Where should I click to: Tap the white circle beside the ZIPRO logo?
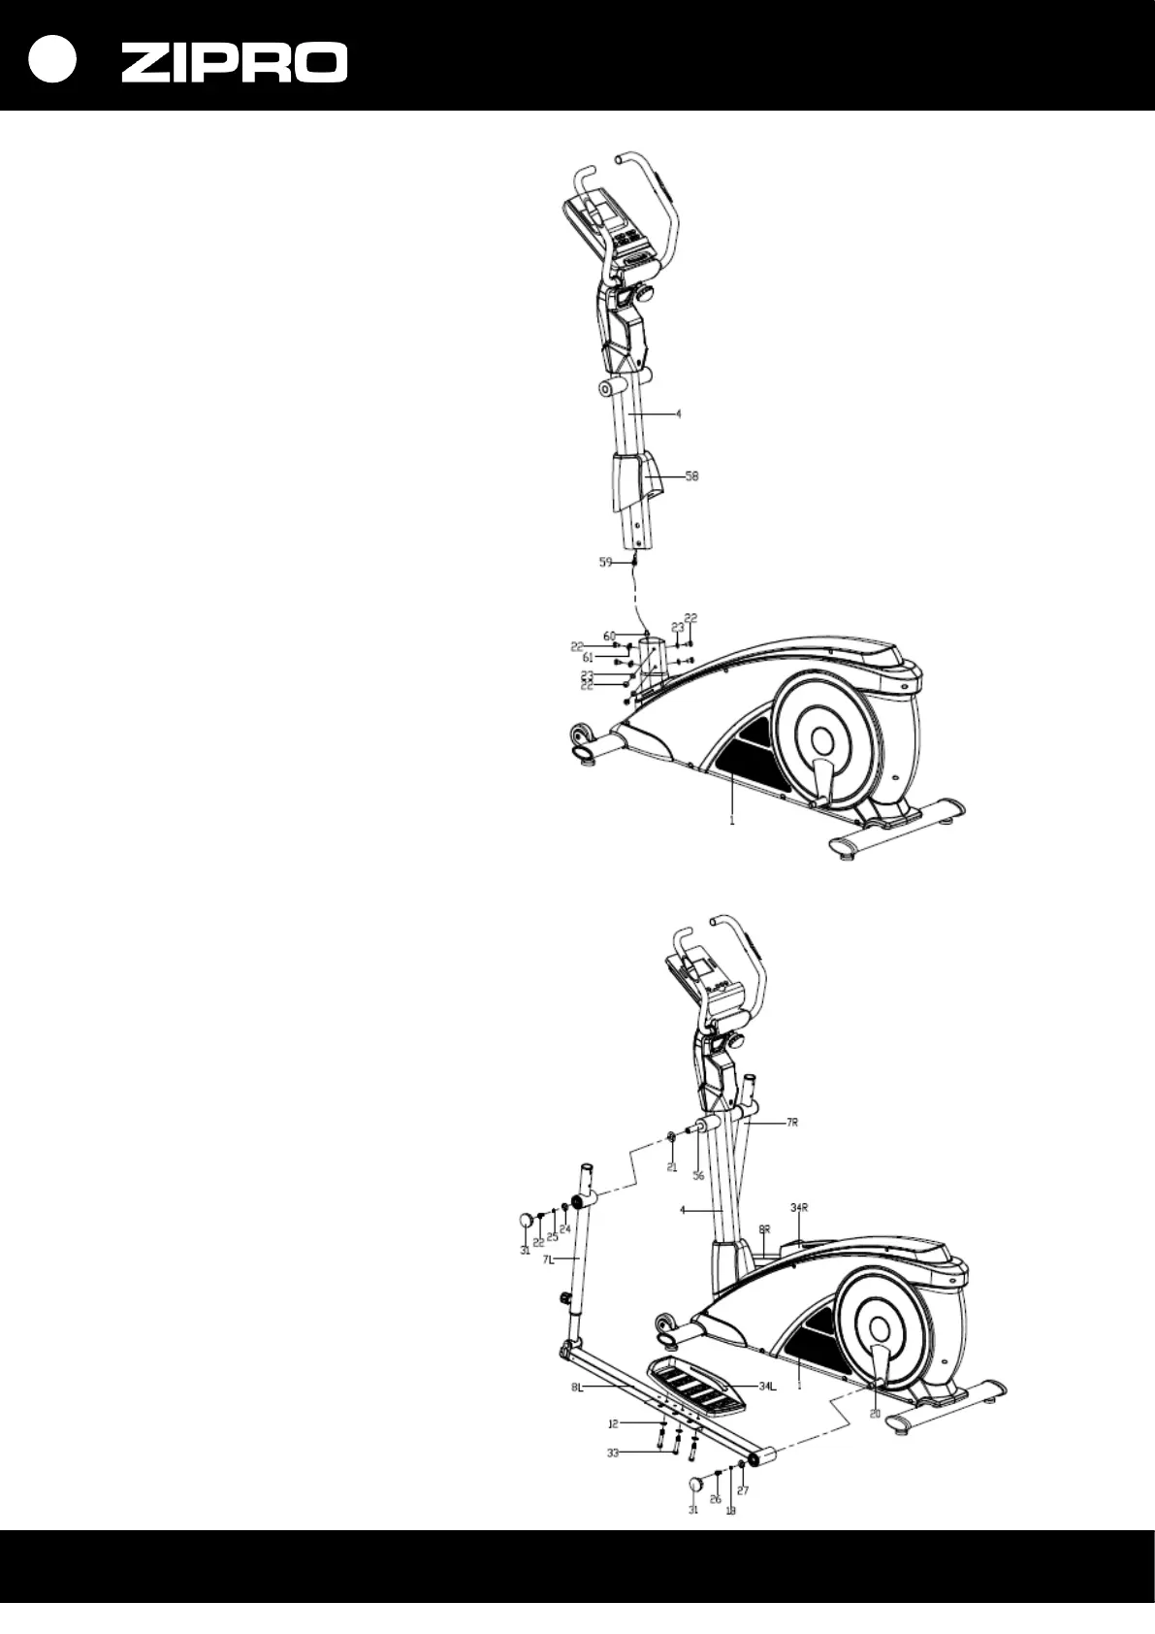(x=50, y=59)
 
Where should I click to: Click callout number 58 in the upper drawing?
(x=691, y=476)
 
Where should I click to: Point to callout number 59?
(x=606, y=561)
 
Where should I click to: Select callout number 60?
(x=609, y=637)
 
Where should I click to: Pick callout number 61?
(x=588, y=658)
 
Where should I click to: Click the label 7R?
(x=792, y=1123)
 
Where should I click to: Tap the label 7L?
(x=548, y=1259)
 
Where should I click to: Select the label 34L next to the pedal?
(x=767, y=1387)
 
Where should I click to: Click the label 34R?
(x=799, y=1208)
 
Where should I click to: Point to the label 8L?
(x=578, y=1388)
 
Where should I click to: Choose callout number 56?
(x=698, y=1176)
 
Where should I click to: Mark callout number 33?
(x=613, y=1454)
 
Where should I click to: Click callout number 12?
(x=613, y=1424)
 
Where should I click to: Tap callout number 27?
(x=744, y=1490)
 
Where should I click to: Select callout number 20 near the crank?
(x=875, y=1414)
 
